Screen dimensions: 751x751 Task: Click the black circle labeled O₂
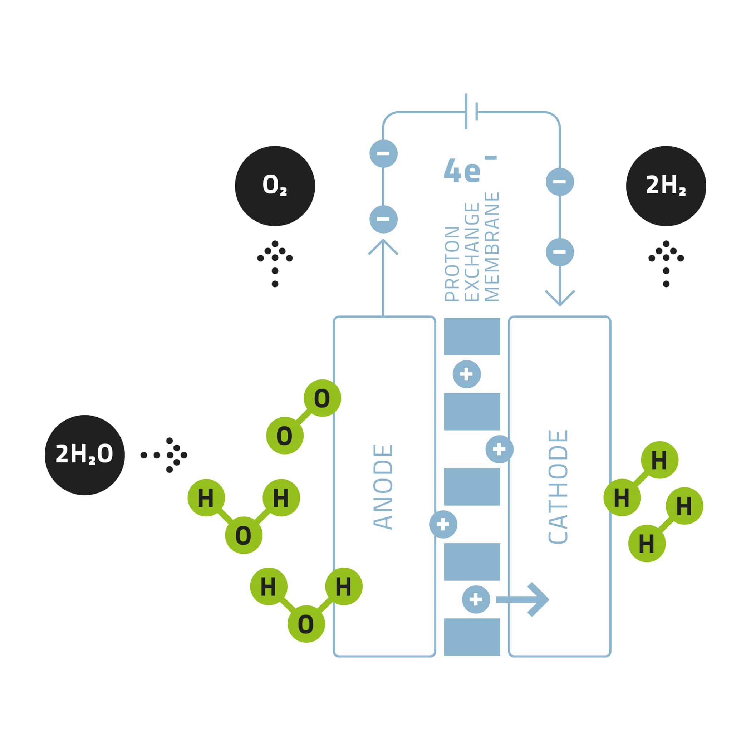pos(275,186)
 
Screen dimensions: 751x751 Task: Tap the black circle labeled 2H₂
pos(666,186)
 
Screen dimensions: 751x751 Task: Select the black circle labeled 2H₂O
pos(85,455)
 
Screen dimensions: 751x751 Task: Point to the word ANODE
pos(383,487)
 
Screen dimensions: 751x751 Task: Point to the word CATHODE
pos(558,487)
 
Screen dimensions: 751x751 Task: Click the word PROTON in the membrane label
pos(452,264)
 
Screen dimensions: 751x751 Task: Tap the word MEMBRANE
pos(492,247)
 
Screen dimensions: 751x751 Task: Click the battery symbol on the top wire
pos(471,112)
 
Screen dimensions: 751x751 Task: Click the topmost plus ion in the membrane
pos(466,374)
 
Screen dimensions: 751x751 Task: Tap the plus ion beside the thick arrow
pos(476,599)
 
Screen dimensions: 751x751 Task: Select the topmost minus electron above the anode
pos(383,153)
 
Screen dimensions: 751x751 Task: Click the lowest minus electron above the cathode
pos(560,252)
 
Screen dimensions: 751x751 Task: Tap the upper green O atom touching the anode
pos(322,398)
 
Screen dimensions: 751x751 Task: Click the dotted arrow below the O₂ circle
pos(275,263)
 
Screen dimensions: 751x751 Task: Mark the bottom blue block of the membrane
pos(472,637)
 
